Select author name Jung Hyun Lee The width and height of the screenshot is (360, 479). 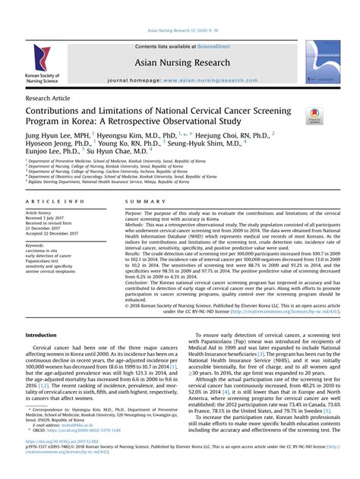[48, 135]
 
